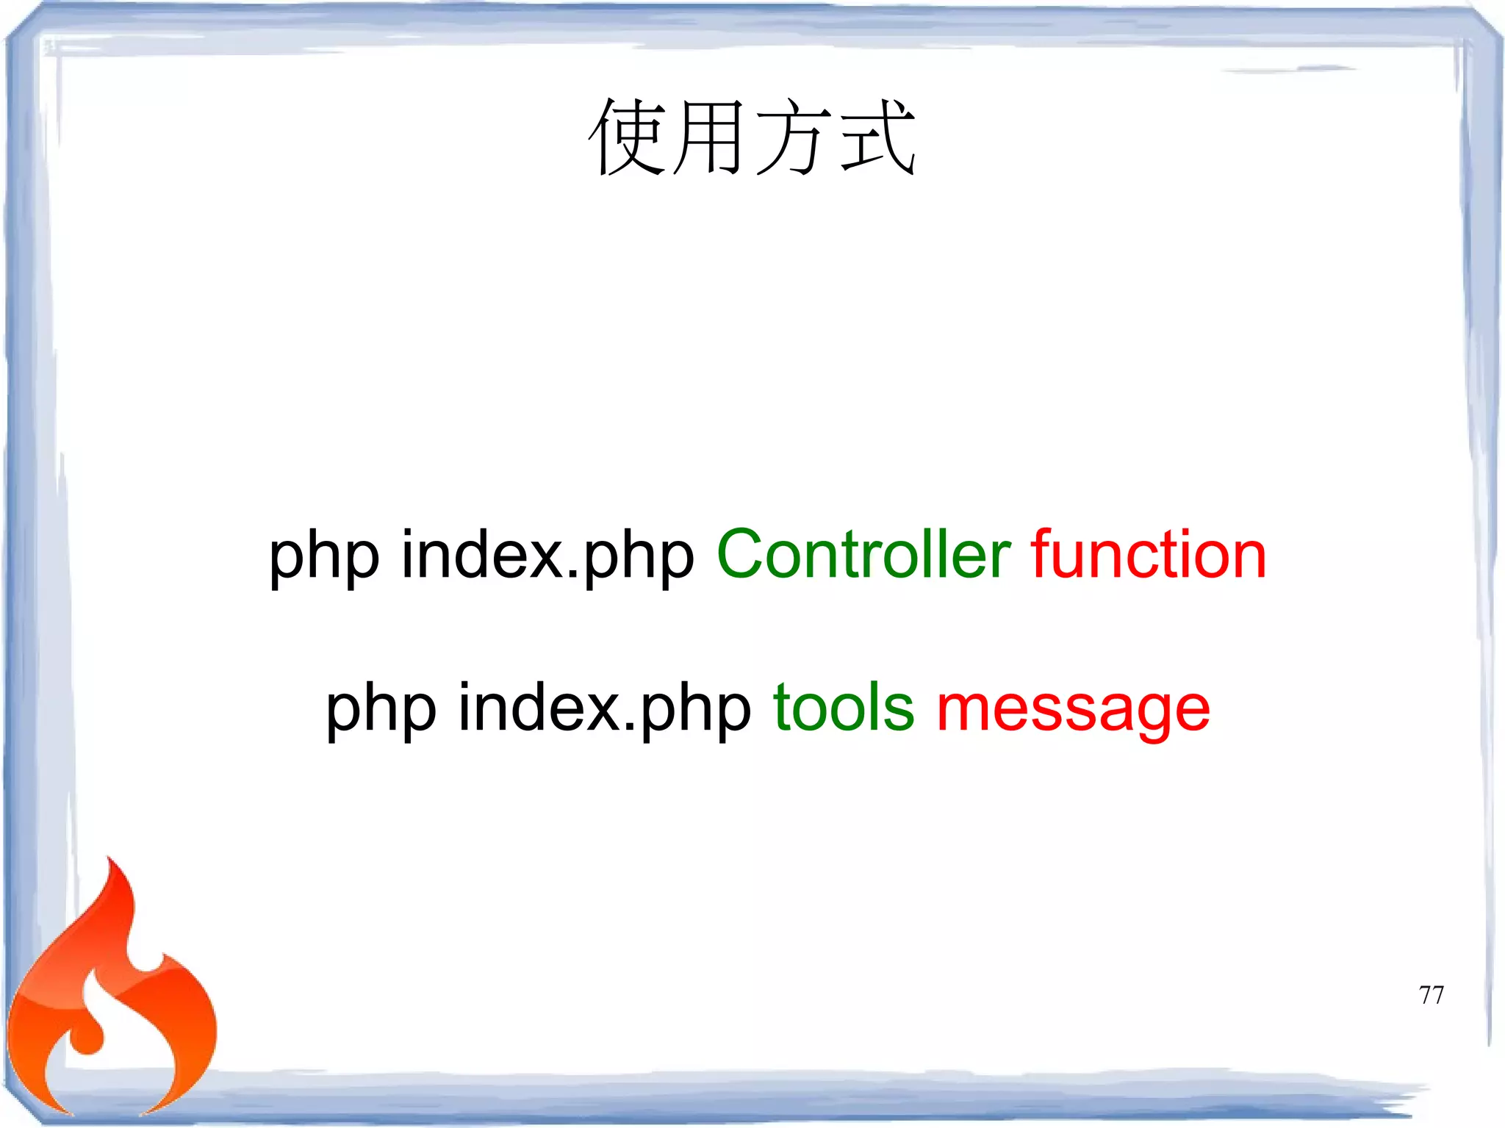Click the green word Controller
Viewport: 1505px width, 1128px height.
coord(863,555)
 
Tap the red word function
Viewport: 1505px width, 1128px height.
coord(1149,555)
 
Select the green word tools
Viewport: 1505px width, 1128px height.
coord(844,708)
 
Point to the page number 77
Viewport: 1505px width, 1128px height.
coord(1431,995)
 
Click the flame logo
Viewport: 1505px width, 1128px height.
coord(110,999)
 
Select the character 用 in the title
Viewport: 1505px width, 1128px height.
coord(709,137)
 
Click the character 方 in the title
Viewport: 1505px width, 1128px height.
coord(794,137)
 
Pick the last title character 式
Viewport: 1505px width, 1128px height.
coord(877,137)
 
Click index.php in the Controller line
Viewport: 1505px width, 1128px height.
coord(547,555)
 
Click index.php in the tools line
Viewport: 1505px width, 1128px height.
coord(604,708)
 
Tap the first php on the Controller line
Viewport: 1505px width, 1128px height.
coord(324,558)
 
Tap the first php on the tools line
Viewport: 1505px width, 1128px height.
coord(381,711)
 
